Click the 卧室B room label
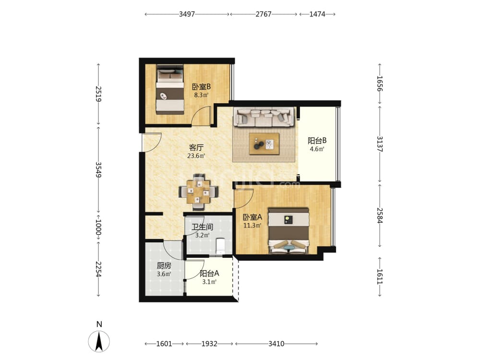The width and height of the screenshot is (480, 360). tap(201, 87)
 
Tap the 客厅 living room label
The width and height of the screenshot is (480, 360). tap(196, 147)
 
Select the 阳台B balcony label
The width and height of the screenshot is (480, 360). tap(317, 141)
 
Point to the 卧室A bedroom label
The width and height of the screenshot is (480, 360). tap(252, 217)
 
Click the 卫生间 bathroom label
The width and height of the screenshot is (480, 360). tap(202, 227)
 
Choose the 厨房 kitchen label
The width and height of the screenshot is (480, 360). tap(164, 266)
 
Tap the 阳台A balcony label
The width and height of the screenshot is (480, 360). tap(209, 274)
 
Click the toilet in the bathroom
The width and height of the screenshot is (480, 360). tap(220, 246)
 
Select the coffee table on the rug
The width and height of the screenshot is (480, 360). tap(264, 144)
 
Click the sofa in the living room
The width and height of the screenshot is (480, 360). tap(264, 117)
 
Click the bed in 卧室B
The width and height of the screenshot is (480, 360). tap(170, 89)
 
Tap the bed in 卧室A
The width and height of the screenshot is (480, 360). tap(288, 231)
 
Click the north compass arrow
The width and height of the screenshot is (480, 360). tap(99, 341)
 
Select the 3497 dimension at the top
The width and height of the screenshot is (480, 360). tap(187, 14)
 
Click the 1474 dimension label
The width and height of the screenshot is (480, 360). tap(317, 14)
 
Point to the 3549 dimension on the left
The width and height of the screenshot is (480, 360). tap(98, 169)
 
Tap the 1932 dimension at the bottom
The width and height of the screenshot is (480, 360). tap(209, 344)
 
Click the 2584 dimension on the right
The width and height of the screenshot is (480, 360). tap(380, 216)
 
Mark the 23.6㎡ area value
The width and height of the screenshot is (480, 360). tap(196, 156)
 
